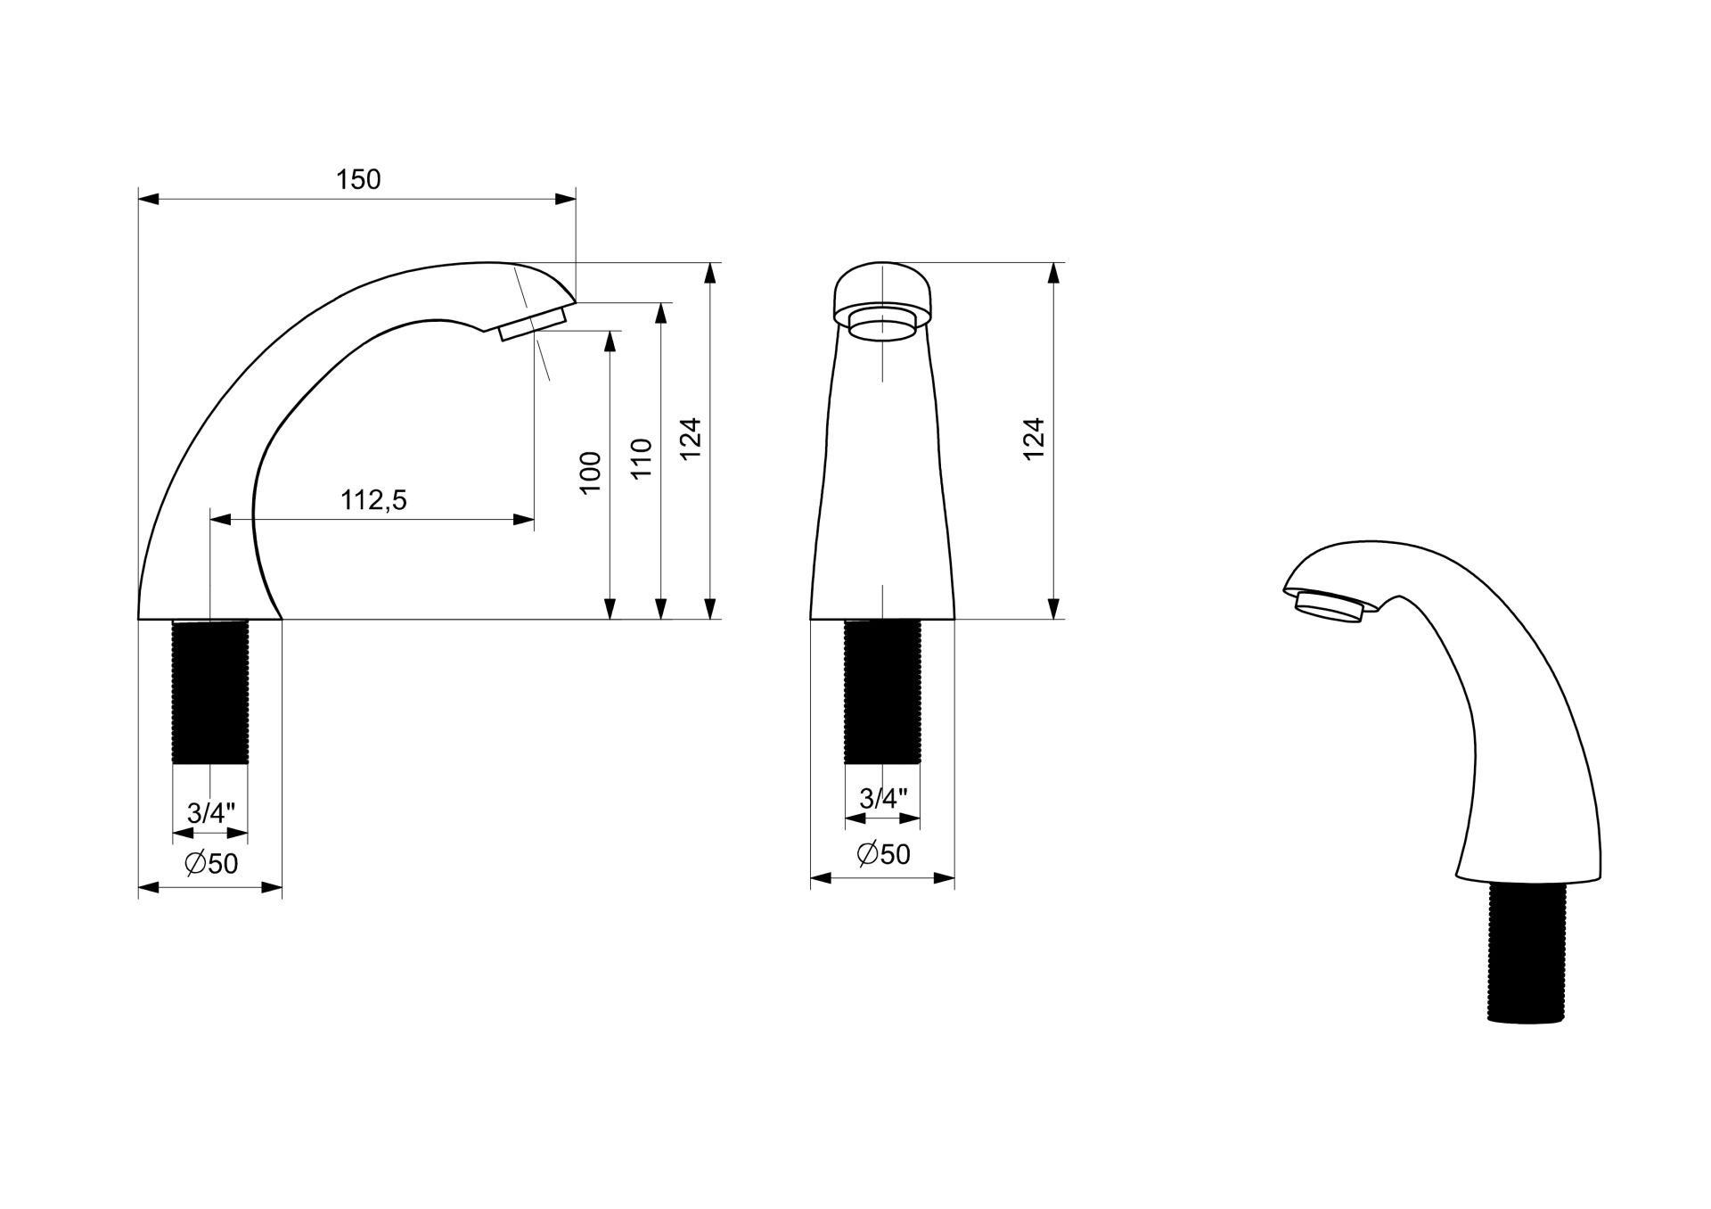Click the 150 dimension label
pyautogui.click(x=358, y=179)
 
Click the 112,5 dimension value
pyautogui.click(x=373, y=500)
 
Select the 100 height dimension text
pyautogui.click(x=590, y=473)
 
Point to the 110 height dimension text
pyautogui.click(x=642, y=458)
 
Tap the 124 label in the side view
pyautogui.click(x=692, y=439)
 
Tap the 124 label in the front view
pyautogui.click(x=1033, y=439)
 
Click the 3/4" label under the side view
pyautogui.click(x=211, y=812)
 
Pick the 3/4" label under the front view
pyautogui.click(x=883, y=798)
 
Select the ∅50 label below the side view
pyautogui.click(x=211, y=863)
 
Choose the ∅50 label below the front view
pyautogui.click(x=883, y=854)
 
